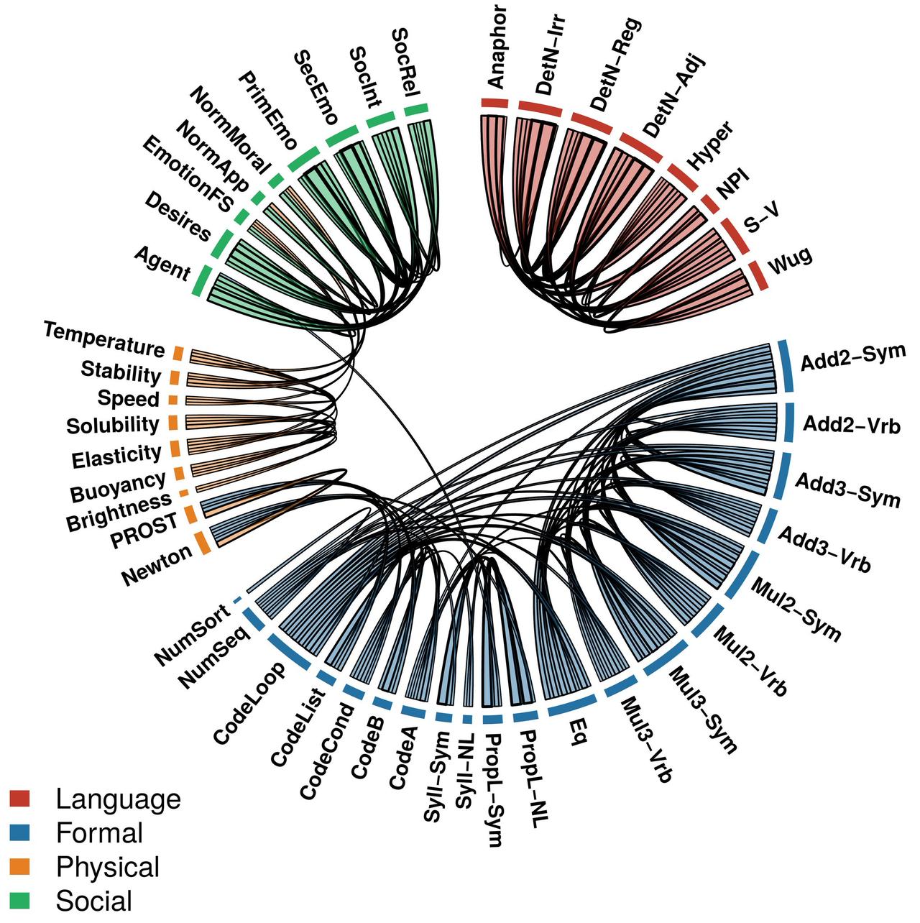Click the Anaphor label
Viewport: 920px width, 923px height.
coord(497,47)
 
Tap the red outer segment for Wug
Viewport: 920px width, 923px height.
coord(758,275)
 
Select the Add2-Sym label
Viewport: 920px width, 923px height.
coord(853,357)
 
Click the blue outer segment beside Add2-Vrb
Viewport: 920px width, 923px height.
coord(789,422)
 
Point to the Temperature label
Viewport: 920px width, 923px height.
coord(104,339)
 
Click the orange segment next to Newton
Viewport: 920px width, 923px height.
coord(203,543)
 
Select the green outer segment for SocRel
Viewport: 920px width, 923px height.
coord(416,109)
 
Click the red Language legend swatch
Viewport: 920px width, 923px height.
coord(19,799)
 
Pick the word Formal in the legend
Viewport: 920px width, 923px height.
coord(100,832)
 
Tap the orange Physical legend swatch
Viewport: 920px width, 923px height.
coord(19,866)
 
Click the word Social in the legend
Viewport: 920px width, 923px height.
coord(94,901)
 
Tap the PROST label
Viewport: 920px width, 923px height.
coord(144,531)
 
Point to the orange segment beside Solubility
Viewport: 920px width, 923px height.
coord(173,423)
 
